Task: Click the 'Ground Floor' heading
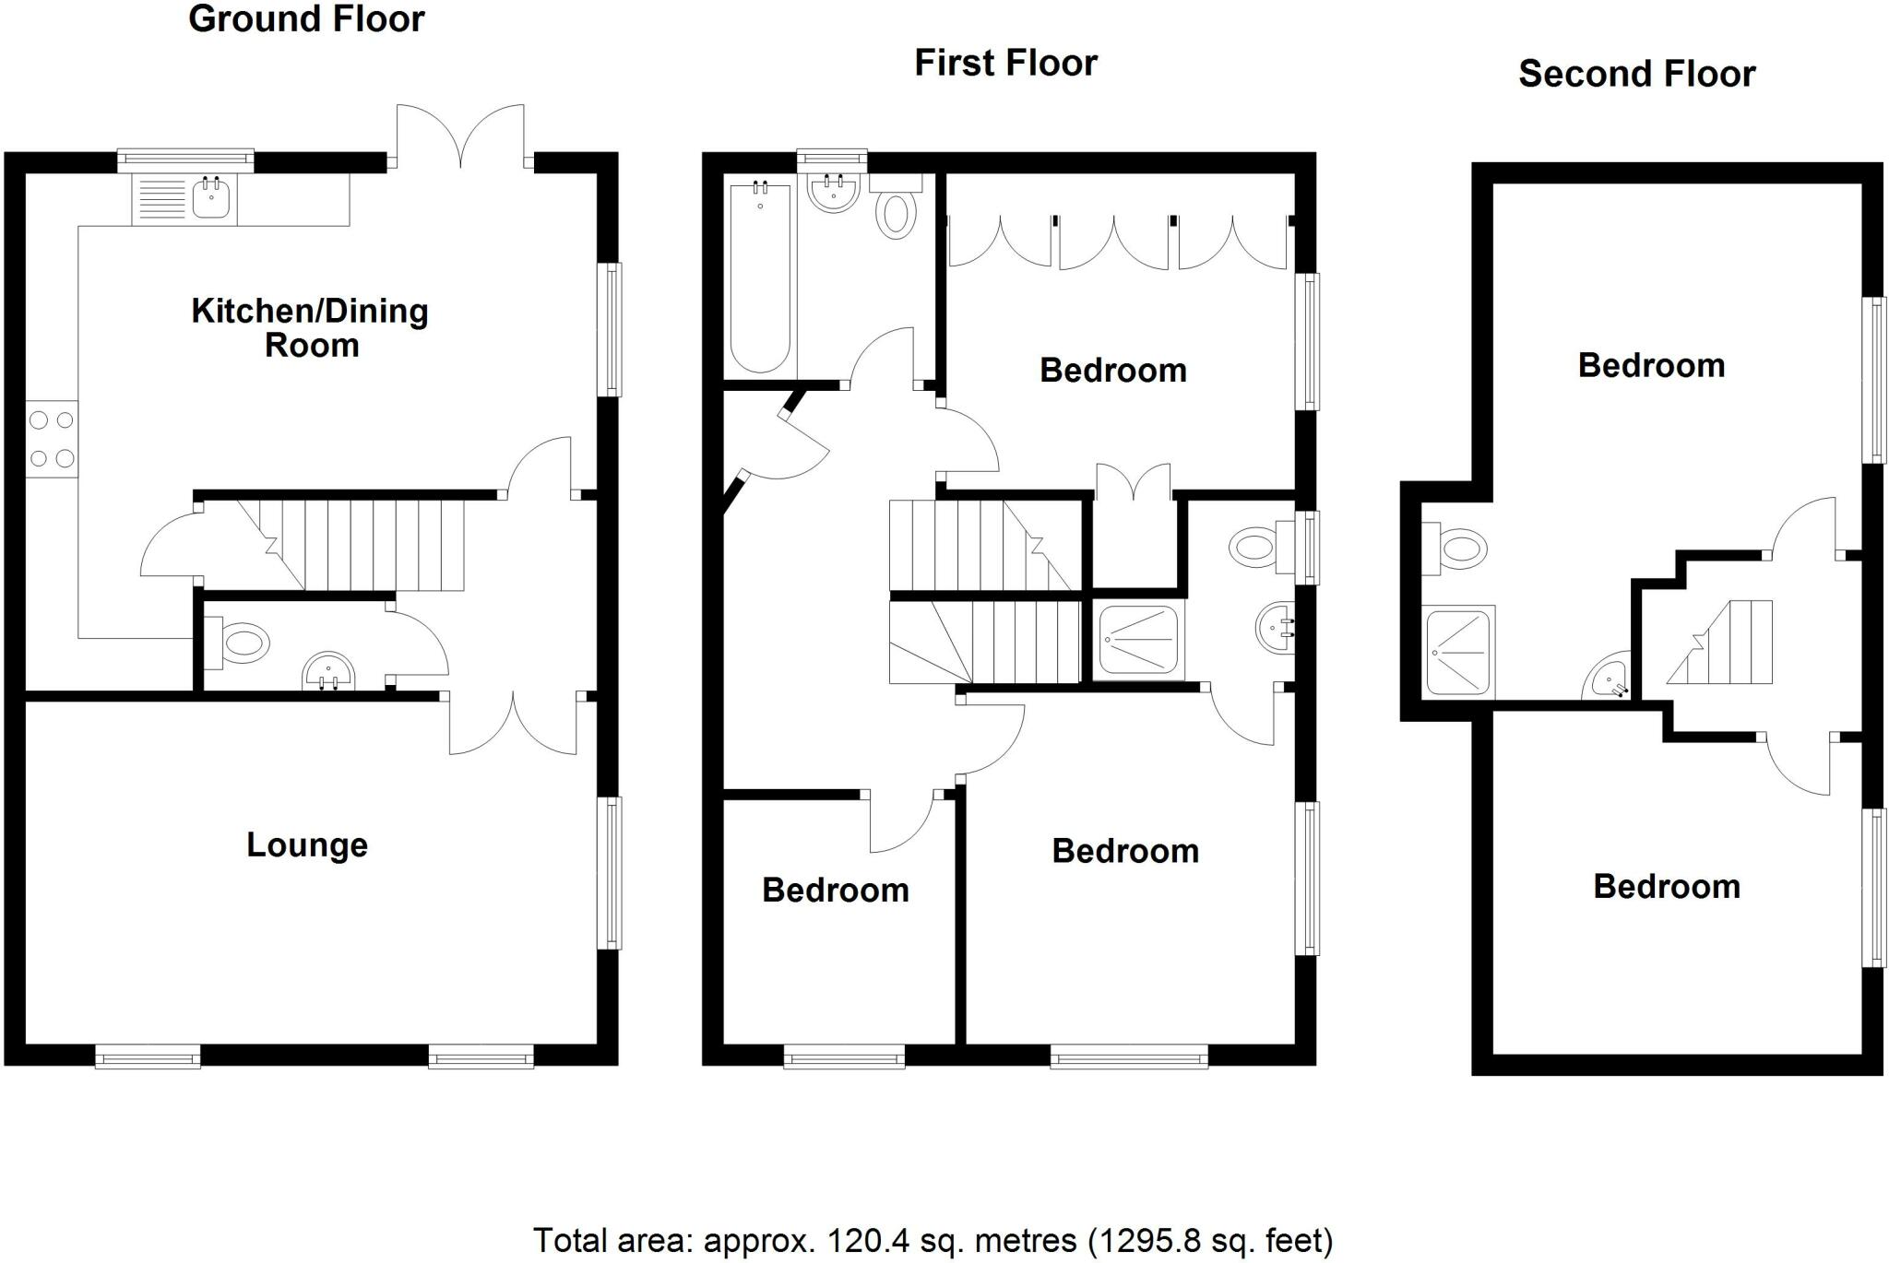[306, 19]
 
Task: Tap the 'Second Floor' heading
[1636, 74]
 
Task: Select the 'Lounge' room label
[307, 845]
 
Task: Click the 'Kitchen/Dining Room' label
[310, 327]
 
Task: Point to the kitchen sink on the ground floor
[211, 198]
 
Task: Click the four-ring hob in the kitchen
[52, 439]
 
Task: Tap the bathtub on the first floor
[760, 277]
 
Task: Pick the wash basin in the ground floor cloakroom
[328, 671]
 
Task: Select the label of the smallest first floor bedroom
[836, 891]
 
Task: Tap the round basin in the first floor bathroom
[834, 192]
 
